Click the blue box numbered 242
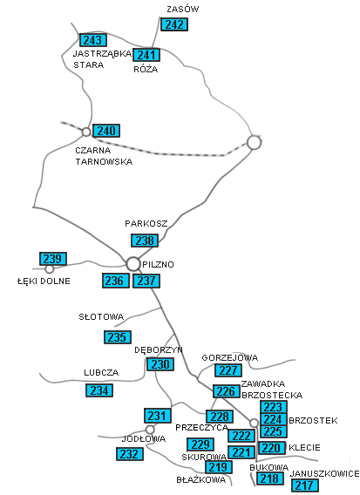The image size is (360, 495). tap(174, 24)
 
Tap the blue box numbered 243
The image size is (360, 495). tap(93, 40)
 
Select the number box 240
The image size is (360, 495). tap(106, 131)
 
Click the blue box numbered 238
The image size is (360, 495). tap(145, 241)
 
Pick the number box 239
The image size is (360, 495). tap(53, 259)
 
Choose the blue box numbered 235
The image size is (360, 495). tap(118, 337)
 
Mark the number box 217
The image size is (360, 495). tap(305, 485)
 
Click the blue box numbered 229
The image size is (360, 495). tap(200, 444)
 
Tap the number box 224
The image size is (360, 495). tap(274, 419)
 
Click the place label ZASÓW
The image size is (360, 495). tap(183, 10)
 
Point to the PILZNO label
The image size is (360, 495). tap(159, 265)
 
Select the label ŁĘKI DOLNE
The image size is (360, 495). tap(44, 281)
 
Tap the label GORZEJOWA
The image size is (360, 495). tap(230, 357)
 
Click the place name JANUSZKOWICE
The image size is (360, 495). tap(324, 474)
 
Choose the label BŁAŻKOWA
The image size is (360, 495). tap(201, 480)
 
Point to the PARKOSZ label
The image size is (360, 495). tap(146, 224)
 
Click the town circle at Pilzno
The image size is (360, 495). tap(133, 264)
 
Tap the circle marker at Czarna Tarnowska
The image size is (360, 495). tap(86, 132)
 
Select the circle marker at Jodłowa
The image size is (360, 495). tap(150, 430)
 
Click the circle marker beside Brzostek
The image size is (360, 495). tap(254, 423)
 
